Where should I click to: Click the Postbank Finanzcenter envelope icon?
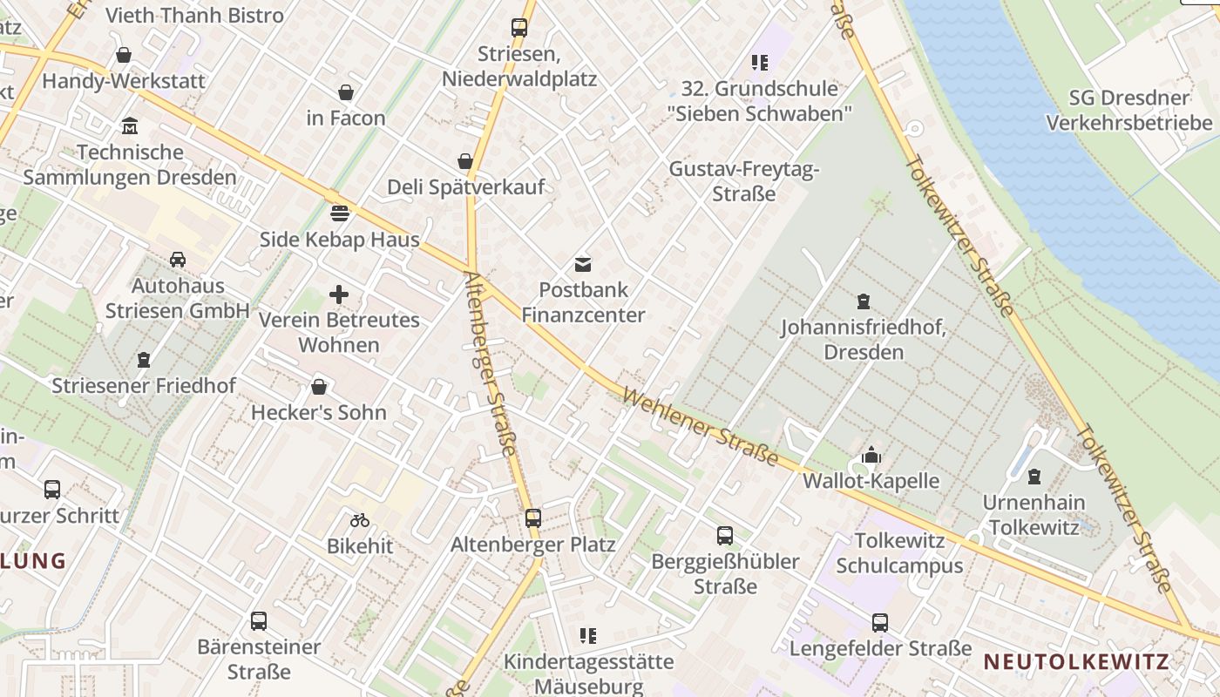(582, 264)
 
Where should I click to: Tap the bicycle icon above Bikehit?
(360, 520)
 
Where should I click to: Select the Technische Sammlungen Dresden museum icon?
(130, 126)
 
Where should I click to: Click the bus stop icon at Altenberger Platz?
(533, 518)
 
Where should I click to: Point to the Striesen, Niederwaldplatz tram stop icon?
(519, 27)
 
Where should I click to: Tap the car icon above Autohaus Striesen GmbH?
(178, 260)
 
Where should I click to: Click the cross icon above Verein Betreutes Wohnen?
(339, 294)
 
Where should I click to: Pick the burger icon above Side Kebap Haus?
(340, 213)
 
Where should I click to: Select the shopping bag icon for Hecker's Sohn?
(319, 387)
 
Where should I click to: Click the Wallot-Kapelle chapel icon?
(871, 455)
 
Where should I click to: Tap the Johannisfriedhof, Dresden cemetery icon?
(864, 301)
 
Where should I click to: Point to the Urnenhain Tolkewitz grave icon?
(1034, 477)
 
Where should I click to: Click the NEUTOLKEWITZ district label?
(1076, 661)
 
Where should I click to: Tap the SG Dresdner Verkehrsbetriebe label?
(1129, 111)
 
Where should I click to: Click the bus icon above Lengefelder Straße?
(880, 623)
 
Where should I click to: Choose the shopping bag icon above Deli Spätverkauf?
(465, 161)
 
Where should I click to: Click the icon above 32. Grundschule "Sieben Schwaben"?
(760, 63)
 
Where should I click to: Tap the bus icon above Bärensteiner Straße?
(259, 621)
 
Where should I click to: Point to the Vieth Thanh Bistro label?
(194, 15)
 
